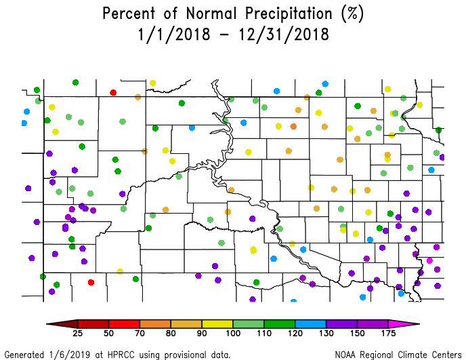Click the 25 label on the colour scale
click(78, 334)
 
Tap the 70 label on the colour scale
click(140, 334)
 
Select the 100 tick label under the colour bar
click(232, 334)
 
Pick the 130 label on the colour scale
click(326, 334)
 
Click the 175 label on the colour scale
click(387, 334)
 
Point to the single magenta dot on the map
click(429, 260)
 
